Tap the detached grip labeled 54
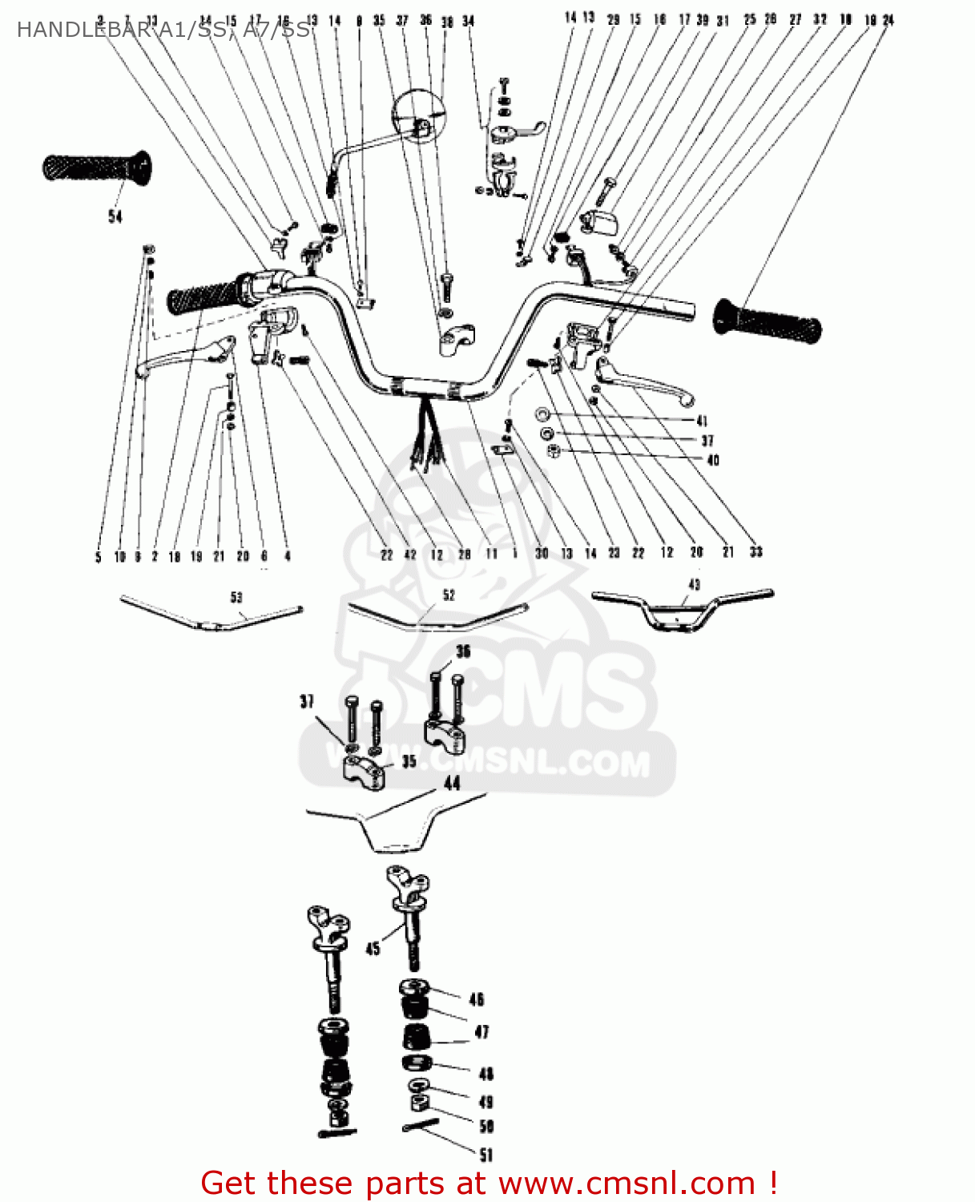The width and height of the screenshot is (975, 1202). click(96, 168)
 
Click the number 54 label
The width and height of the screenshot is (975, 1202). click(115, 216)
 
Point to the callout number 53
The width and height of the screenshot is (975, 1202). click(236, 597)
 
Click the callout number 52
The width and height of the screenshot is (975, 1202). click(449, 595)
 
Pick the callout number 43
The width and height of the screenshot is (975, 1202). click(694, 584)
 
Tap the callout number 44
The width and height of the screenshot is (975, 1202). click(452, 783)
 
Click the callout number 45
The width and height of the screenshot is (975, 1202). click(373, 949)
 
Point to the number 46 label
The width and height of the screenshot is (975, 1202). click(477, 999)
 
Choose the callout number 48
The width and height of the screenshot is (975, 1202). click(485, 1074)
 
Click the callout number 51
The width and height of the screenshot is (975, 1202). click(486, 1155)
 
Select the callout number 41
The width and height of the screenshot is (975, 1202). click(702, 421)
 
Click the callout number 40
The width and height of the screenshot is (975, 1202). click(713, 460)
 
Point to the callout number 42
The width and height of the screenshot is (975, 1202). click(410, 555)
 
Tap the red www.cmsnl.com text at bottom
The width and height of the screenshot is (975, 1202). click(626, 1184)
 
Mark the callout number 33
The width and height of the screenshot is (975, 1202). click(755, 552)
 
